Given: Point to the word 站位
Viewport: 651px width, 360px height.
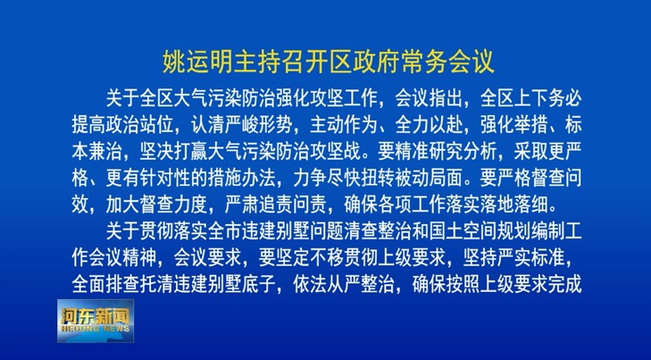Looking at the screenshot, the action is point(155,124).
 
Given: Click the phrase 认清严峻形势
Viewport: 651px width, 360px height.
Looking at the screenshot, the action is point(241,124).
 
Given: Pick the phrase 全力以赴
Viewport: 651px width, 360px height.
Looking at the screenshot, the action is point(428,124).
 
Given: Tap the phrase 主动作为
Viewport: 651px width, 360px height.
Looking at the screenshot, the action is point(343,124).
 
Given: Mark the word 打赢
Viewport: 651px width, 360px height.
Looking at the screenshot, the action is point(189,152).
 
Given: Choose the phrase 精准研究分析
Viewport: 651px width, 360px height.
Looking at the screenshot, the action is point(445,152).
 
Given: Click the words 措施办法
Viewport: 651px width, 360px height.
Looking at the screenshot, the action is point(241,179).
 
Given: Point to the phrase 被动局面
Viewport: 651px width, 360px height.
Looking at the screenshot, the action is point(428,179).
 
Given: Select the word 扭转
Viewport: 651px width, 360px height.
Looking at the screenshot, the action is point(377,179).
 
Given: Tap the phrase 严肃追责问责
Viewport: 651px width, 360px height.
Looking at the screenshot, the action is point(275,205).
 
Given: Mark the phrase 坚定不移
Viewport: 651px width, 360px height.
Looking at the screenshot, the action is point(309,258).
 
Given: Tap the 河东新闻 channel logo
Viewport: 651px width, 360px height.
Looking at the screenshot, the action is point(96,321).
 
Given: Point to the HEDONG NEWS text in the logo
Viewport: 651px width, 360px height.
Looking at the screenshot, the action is point(96,329).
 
